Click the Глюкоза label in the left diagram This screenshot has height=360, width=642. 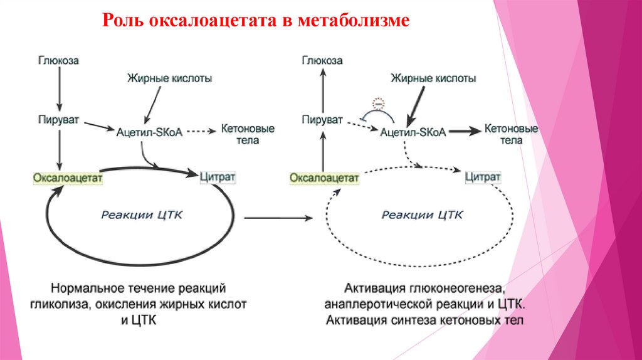point(58,61)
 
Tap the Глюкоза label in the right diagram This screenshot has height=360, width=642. point(322,60)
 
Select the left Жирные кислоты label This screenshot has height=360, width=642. point(170,79)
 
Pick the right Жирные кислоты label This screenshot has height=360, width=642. point(433,79)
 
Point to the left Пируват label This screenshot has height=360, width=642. point(58,118)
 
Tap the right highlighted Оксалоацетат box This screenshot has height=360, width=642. point(324,178)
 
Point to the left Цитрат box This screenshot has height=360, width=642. point(218,177)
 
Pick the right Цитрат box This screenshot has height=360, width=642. point(483,177)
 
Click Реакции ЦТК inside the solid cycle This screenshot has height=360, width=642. point(141,215)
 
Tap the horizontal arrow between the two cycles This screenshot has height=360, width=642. point(278,218)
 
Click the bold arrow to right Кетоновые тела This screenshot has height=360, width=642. point(463,130)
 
